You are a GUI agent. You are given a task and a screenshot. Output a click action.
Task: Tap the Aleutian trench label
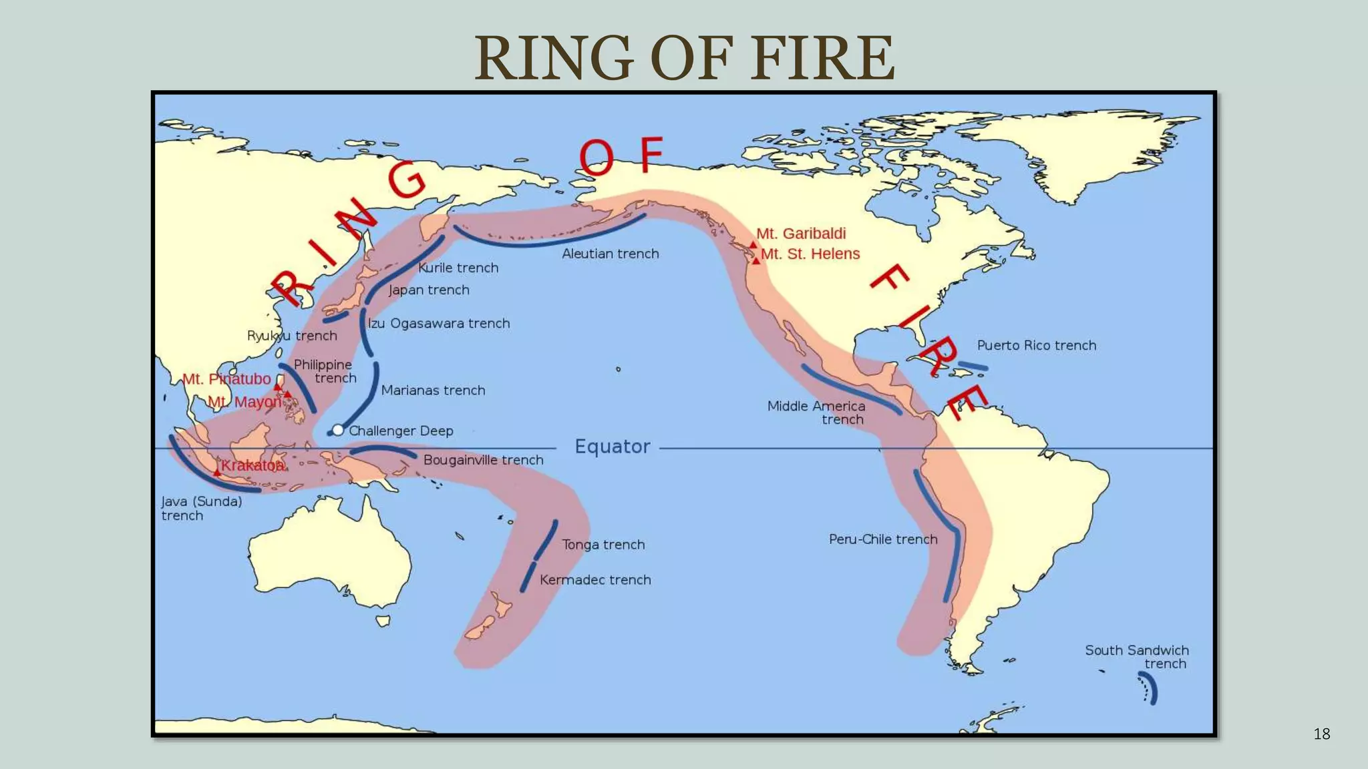(x=610, y=254)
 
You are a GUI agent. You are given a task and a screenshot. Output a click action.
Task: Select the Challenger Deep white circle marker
(x=338, y=430)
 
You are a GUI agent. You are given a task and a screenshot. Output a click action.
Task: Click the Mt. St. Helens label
(x=810, y=254)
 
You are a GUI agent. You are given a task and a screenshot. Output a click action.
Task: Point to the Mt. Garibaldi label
(x=801, y=234)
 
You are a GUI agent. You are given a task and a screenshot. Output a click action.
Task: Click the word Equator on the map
(x=613, y=446)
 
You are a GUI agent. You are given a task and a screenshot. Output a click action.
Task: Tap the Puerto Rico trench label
(x=1036, y=345)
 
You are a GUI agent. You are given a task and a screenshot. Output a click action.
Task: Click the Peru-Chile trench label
(x=883, y=539)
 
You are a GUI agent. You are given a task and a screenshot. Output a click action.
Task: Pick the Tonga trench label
(x=603, y=544)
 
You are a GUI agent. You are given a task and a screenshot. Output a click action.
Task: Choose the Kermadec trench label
(x=595, y=579)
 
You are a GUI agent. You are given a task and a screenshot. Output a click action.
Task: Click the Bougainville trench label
(x=483, y=460)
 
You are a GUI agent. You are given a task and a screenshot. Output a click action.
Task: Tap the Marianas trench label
(x=433, y=390)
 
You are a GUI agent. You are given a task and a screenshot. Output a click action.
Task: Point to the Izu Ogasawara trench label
(x=439, y=323)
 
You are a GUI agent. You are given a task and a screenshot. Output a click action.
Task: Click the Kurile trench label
(x=458, y=268)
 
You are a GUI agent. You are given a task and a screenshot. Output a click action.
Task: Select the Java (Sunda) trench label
(x=201, y=508)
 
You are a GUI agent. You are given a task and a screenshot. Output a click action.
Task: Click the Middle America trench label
(x=816, y=413)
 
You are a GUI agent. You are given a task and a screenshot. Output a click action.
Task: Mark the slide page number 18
(x=1321, y=734)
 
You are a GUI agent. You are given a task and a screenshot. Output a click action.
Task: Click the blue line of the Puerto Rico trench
(x=973, y=366)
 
